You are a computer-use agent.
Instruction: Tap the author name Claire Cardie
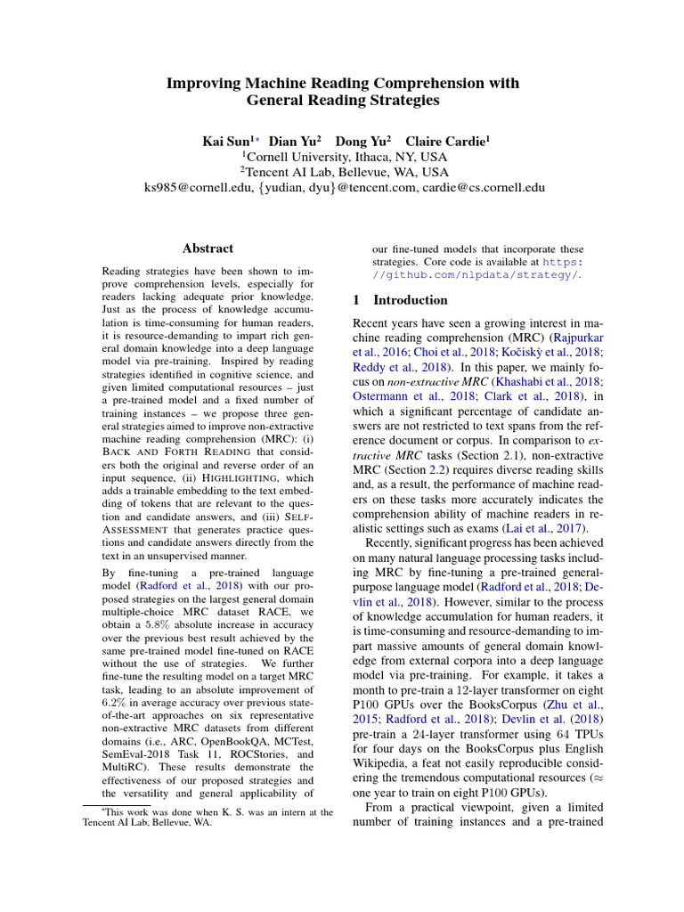[447, 141]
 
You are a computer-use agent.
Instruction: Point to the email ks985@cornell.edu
[195, 188]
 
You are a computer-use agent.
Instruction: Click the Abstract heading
[208, 248]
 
